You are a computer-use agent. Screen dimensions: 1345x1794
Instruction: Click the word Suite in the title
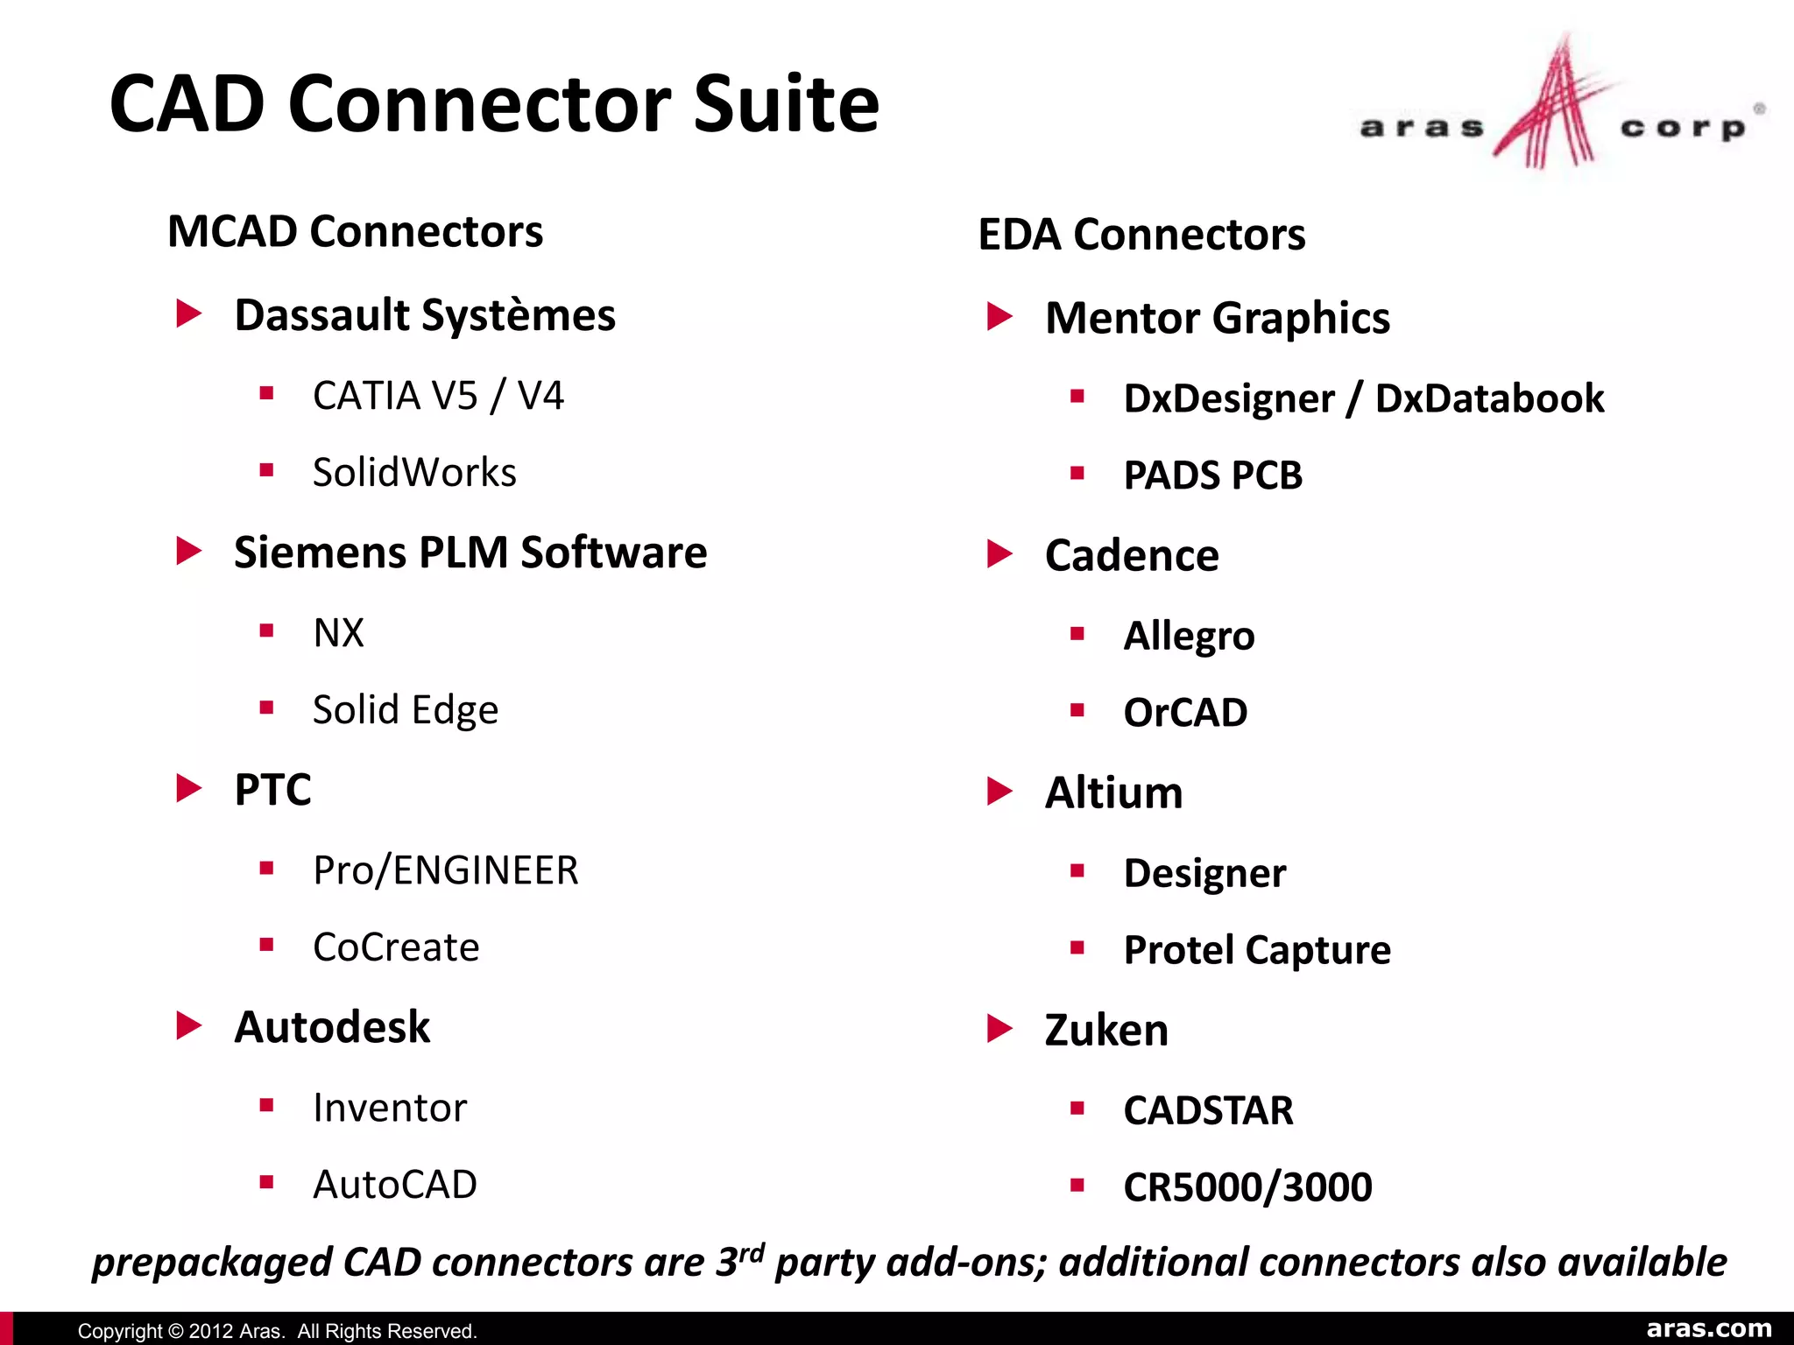(786, 104)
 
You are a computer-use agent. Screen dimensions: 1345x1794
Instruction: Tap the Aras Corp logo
(1559, 109)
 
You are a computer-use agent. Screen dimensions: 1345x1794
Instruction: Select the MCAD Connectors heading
(355, 232)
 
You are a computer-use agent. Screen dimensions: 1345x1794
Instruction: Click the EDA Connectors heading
(1141, 235)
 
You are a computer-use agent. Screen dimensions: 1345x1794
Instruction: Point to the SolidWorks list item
(414, 473)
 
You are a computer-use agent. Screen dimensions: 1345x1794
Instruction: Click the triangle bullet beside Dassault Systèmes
(188, 313)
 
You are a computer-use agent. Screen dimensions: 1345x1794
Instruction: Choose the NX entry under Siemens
(338, 633)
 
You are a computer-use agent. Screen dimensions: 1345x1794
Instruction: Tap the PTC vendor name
(272, 790)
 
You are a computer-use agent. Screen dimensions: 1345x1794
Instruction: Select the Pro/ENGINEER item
(446, 870)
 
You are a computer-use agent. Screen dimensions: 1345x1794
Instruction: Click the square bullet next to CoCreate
(267, 945)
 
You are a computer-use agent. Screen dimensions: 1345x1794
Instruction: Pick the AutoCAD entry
(395, 1185)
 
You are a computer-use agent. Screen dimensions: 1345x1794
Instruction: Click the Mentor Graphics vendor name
(1218, 318)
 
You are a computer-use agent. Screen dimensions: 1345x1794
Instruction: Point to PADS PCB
(1213, 475)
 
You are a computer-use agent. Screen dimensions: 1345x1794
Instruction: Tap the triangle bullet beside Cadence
(999, 553)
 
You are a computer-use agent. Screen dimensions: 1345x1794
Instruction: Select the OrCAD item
(1185, 713)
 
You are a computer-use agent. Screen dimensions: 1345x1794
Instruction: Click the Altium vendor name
(1113, 793)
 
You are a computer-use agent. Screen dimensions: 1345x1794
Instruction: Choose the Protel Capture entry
(1257, 950)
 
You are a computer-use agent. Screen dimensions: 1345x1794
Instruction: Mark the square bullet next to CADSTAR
(1077, 1109)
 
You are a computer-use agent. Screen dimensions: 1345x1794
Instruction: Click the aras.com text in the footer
(1709, 1329)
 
